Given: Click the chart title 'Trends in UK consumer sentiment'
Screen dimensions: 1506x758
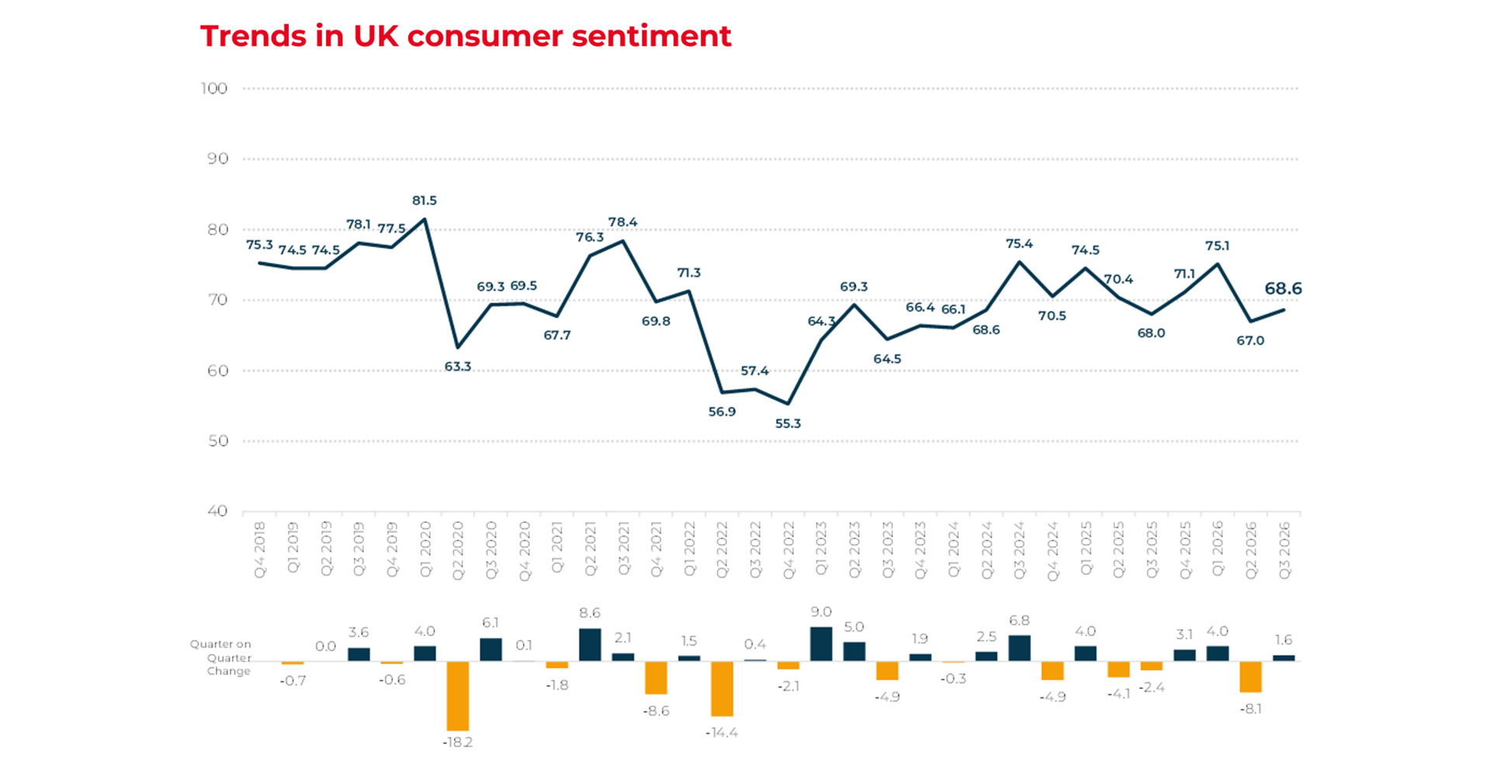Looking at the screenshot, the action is pyautogui.click(x=466, y=36).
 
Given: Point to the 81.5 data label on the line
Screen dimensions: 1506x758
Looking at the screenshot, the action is pyautogui.click(x=424, y=200).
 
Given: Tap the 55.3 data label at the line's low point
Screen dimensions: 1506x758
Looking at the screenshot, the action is pyautogui.click(x=788, y=424).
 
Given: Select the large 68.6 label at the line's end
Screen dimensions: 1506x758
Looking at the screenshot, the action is pyautogui.click(x=1283, y=289).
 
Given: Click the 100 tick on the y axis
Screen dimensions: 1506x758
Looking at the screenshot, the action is pyautogui.click(x=214, y=88).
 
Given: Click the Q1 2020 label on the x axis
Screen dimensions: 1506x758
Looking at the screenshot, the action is pyautogui.click(x=425, y=549).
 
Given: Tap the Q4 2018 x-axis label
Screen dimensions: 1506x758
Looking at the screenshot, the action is pyautogui.click(x=260, y=549).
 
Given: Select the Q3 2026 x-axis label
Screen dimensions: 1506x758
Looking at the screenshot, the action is pyautogui.click(x=1284, y=549).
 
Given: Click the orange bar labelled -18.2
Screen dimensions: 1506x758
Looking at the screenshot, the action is pyautogui.click(x=458, y=695).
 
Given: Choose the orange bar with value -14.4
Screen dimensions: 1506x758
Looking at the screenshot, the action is pyautogui.click(x=722, y=688).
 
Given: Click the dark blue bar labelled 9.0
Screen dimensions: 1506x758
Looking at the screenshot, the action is pyautogui.click(x=821, y=644).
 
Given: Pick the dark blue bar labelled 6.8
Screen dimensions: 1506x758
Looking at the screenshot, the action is pyautogui.click(x=1020, y=648).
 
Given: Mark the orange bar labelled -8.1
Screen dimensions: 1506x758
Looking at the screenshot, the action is pyautogui.click(x=1251, y=677).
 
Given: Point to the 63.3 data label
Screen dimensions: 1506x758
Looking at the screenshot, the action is pyautogui.click(x=458, y=366).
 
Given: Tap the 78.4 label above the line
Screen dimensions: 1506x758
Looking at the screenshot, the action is pyautogui.click(x=623, y=222).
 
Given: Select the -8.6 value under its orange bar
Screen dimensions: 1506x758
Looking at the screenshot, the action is pyautogui.click(x=656, y=711).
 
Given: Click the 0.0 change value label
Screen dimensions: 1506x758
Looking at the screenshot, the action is pyautogui.click(x=326, y=646).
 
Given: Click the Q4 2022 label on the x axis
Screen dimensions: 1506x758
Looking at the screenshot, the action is pyautogui.click(x=788, y=549).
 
